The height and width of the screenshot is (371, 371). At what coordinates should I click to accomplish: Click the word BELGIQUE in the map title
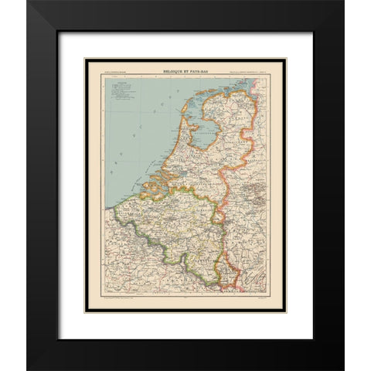173,72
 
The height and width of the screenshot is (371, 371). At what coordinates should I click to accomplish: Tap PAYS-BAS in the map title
202,72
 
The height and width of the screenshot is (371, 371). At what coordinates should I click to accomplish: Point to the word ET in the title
188,72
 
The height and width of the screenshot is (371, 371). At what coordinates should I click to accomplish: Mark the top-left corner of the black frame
28,2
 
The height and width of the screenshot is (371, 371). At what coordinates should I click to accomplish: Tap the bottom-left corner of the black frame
28,368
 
